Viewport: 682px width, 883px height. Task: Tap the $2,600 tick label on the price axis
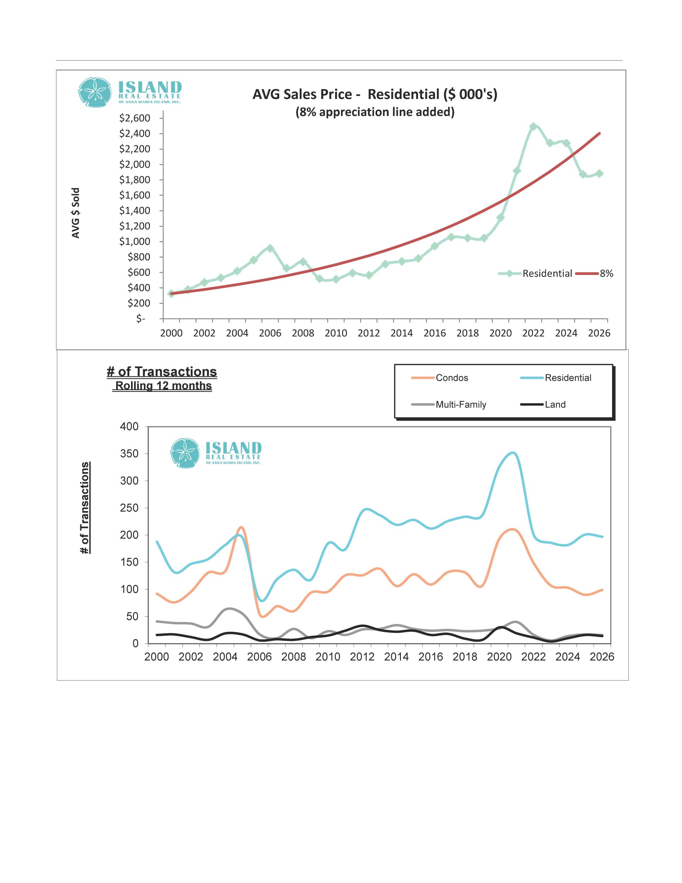point(134,118)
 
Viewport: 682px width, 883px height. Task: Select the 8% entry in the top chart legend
point(606,274)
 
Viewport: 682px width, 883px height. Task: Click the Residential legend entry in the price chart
point(546,274)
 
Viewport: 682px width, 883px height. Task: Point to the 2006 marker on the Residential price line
point(270,248)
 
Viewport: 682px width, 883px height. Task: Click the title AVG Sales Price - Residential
point(375,94)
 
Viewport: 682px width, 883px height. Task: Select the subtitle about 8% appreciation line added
point(375,112)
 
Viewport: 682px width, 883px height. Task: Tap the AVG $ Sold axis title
point(76,213)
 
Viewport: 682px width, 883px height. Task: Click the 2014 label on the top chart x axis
point(401,333)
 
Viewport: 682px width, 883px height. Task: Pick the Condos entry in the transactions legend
point(452,378)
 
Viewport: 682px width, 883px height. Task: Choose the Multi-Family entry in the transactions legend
point(460,405)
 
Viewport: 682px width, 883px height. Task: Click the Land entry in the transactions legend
point(555,405)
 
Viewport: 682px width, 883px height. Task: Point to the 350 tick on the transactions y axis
point(129,454)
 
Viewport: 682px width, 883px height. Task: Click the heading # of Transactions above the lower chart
point(162,371)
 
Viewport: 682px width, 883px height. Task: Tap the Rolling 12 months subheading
point(163,386)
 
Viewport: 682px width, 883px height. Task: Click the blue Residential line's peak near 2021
point(513,453)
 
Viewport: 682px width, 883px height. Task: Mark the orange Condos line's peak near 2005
point(241,527)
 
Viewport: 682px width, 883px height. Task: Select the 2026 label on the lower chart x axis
point(602,657)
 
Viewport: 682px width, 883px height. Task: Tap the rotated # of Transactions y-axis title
point(85,508)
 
